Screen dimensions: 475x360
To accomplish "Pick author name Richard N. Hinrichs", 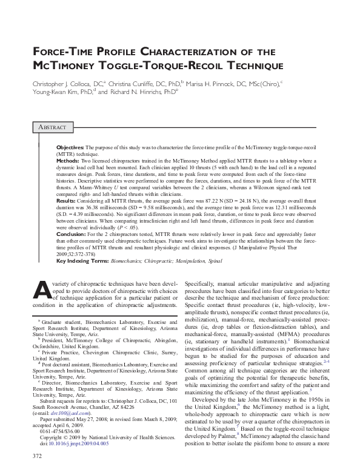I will pos(135,92).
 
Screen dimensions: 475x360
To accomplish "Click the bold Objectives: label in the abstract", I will pos(71,147).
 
